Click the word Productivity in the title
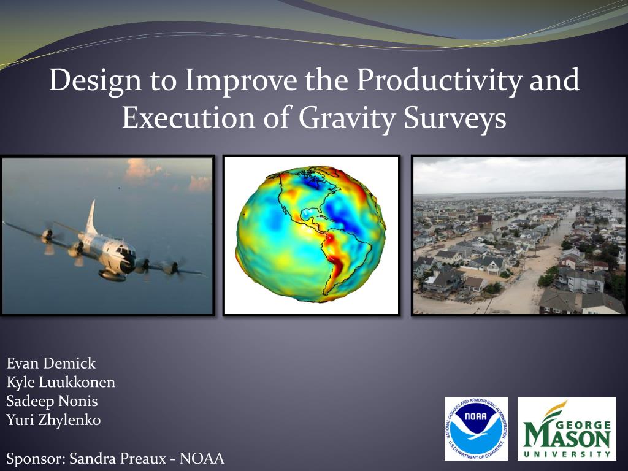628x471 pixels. point(439,80)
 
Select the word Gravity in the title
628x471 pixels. point(347,118)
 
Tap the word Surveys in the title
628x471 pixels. point(454,119)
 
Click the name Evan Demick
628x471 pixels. point(51,363)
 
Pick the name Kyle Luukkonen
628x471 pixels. point(61,383)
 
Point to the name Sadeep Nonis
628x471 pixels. point(52,401)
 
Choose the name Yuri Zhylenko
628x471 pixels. point(53,420)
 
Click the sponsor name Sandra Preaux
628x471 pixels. point(117,458)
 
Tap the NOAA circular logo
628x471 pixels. point(476,429)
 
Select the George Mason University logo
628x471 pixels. point(567,429)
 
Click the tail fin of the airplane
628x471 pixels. point(92,218)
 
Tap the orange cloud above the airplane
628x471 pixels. point(140,170)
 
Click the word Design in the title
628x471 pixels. point(95,81)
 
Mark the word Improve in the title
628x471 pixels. point(241,81)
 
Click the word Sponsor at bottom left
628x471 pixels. point(35,459)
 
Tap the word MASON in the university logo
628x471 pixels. point(567,437)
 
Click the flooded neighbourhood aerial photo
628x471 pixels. point(519,235)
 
